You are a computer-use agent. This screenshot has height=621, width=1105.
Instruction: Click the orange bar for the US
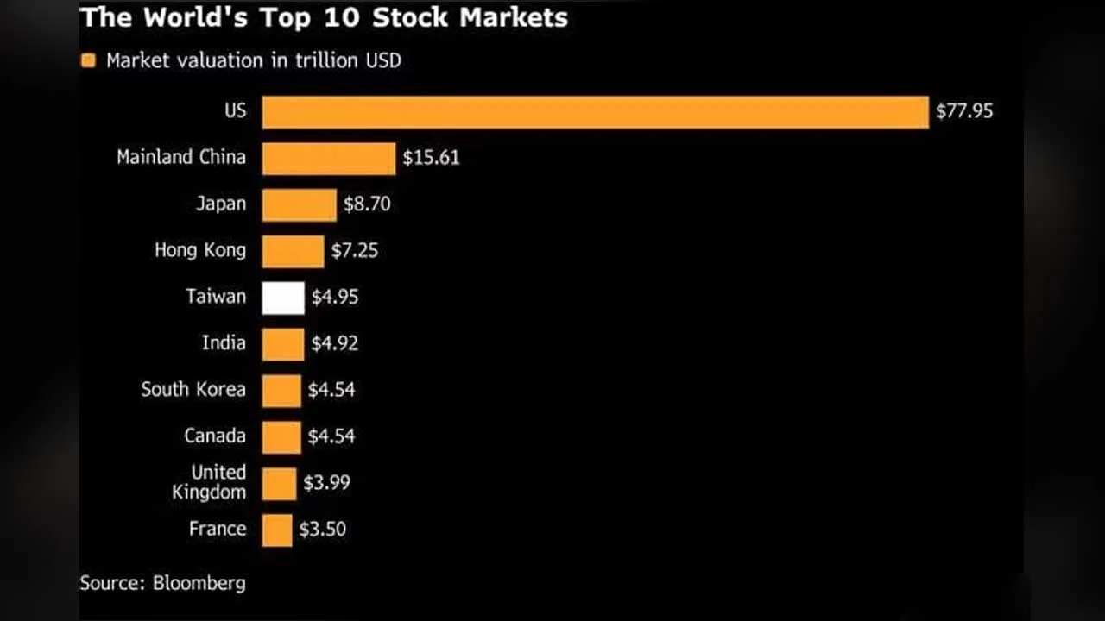(596, 112)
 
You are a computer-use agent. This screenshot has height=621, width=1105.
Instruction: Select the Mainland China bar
(329, 159)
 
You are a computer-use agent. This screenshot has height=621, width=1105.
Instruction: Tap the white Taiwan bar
(283, 298)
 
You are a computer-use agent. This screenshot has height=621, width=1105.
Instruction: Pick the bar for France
(277, 530)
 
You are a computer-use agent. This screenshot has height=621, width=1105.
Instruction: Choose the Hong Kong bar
(293, 252)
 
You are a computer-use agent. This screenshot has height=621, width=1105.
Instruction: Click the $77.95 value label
(964, 111)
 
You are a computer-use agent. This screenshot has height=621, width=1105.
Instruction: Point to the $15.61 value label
(431, 158)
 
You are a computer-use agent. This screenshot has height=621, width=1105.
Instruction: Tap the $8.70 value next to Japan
(367, 204)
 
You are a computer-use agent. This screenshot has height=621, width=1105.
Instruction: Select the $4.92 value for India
(334, 343)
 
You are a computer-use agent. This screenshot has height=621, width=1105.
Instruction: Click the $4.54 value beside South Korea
(331, 390)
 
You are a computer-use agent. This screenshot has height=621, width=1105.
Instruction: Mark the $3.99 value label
(327, 482)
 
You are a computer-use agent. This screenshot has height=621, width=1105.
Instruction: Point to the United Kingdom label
(209, 482)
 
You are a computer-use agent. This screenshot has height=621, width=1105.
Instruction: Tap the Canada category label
(215, 436)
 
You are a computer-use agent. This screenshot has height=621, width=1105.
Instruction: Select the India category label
(224, 342)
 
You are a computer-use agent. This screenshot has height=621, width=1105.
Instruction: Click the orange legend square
(88, 60)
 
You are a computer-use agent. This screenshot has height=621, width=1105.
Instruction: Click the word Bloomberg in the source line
(199, 584)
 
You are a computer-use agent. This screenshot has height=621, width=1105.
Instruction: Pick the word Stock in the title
(410, 18)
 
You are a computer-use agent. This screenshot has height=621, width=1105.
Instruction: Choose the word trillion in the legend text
(326, 60)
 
